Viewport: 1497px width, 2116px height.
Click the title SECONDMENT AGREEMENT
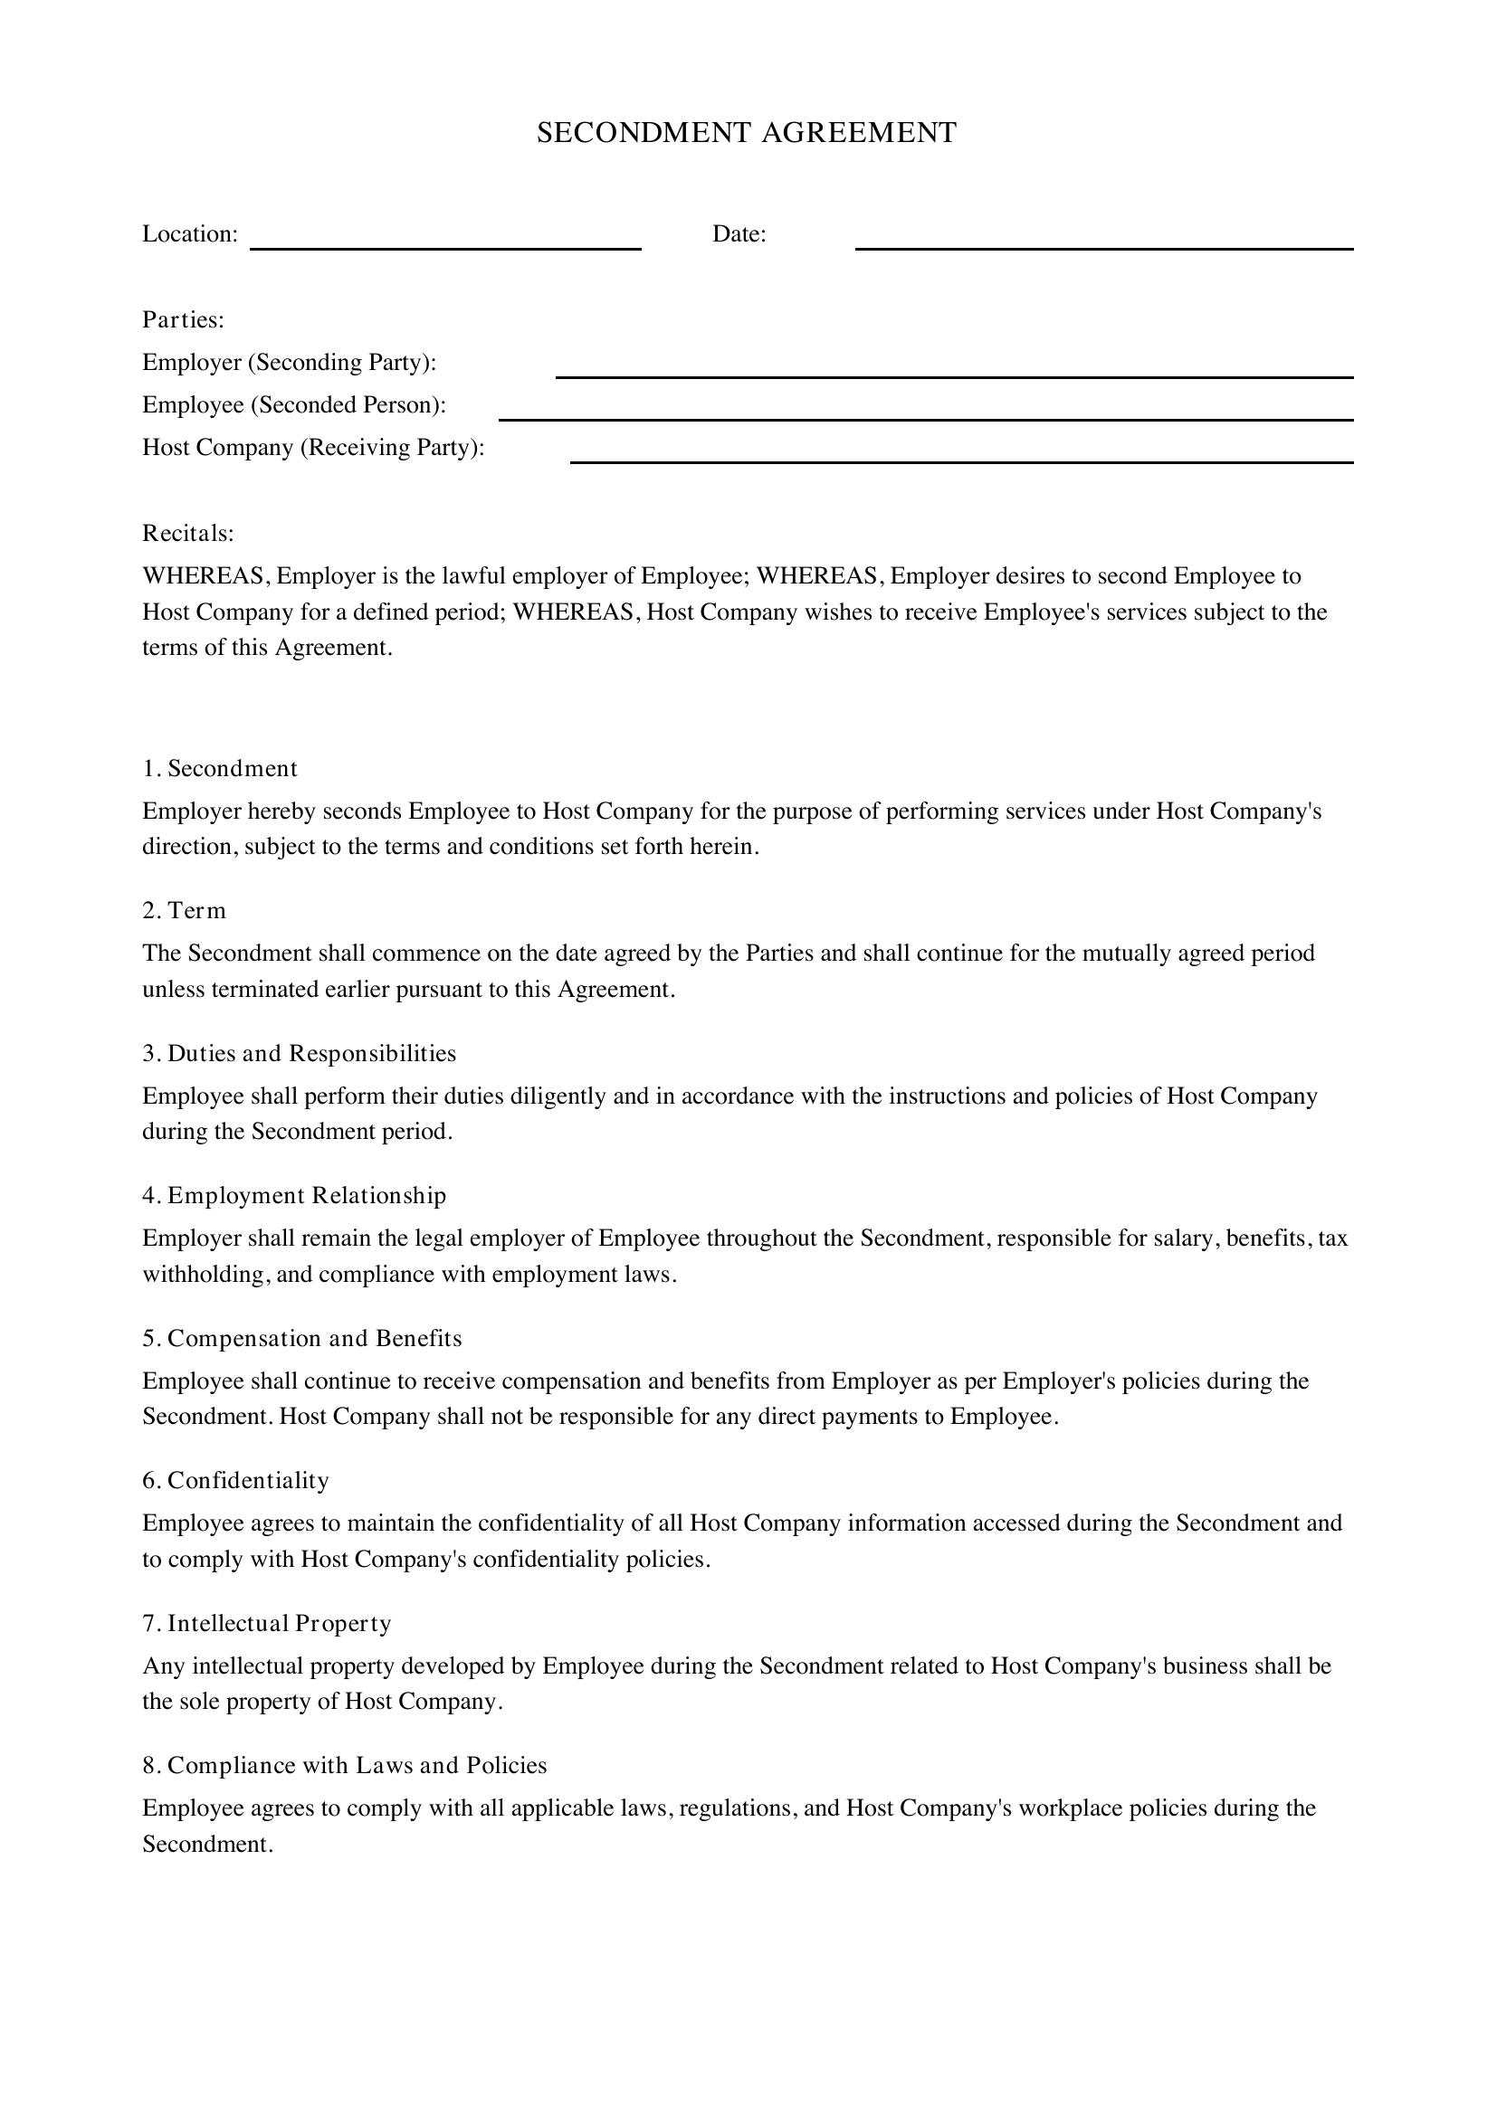click(747, 133)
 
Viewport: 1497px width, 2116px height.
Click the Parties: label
click(184, 319)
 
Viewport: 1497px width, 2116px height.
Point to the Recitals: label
click(188, 534)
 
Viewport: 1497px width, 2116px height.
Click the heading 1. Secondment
click(219, 769)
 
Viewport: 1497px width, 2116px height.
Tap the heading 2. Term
click(184, 911)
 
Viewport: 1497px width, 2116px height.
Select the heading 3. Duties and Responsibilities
click(299, 1053)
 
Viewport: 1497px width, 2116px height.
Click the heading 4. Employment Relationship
click(294, 1195)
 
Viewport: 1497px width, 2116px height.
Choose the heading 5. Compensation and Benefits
click(301, 1338)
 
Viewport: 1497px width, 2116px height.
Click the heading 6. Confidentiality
click(235, 1480)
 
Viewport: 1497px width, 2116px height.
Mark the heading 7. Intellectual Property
click(266, 1623)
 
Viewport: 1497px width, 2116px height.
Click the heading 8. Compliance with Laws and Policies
click(344, 1765)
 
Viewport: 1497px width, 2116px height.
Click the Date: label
click(739, 234)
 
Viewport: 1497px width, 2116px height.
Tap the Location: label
click(190, 234)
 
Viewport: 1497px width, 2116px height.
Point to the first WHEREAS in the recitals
click(205, 576)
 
